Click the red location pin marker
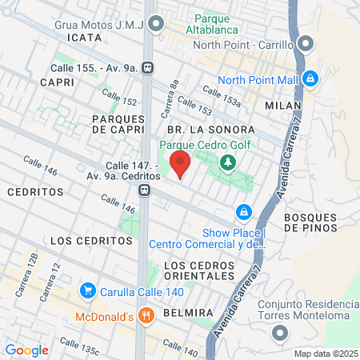(x=180, y=164)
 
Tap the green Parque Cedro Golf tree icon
(x=229, y=162)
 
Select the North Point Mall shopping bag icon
(x=311, y=79)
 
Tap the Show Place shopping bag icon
(x=243, y=212)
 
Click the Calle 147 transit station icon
(x=144, y=190)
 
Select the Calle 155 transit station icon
(x=148, y=68)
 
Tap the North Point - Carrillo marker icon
(x=305, y=43)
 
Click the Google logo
(x=26, y=350)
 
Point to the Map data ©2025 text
(x=326, y=354)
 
